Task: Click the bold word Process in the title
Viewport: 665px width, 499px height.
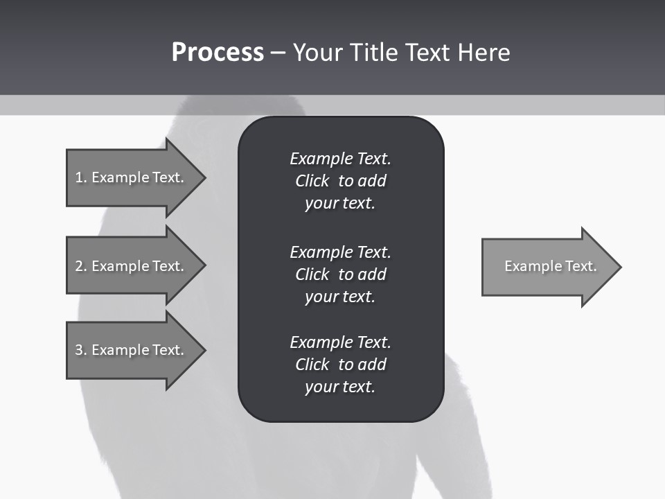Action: [218, 53]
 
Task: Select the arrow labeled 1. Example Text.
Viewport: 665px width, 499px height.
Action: [132, 177]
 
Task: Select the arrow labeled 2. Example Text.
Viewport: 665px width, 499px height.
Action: [132, 266]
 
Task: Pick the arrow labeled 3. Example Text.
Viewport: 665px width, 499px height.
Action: [132, 350]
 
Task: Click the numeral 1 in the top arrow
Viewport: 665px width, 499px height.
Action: [79, 177]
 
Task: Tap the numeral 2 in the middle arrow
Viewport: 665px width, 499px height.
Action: [79, 266]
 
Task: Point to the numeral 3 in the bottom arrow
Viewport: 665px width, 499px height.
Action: [79, 350]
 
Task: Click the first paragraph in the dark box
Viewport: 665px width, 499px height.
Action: [340, 181]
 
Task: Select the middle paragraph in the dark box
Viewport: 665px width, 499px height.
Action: [340, 274]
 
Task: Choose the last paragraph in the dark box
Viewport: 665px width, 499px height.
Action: [340, 365]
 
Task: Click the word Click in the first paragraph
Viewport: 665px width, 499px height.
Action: [312, 181]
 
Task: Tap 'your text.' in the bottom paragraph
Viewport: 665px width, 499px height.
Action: [340, 387]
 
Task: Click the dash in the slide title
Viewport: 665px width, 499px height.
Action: [278, 53]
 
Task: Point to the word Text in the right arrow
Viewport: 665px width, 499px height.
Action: [581, 266]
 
